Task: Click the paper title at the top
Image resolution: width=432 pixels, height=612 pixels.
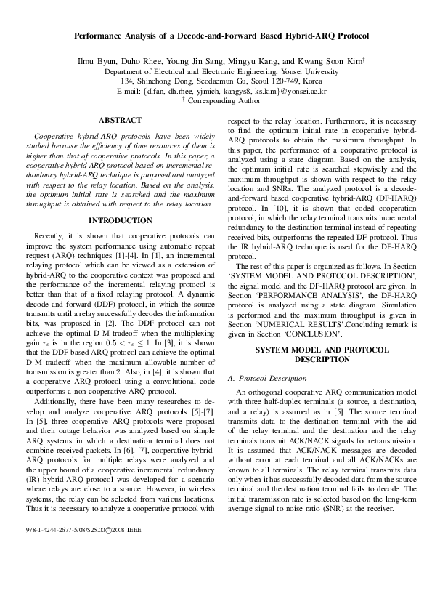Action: [216, 35]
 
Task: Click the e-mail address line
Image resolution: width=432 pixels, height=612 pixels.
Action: [216, 92]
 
